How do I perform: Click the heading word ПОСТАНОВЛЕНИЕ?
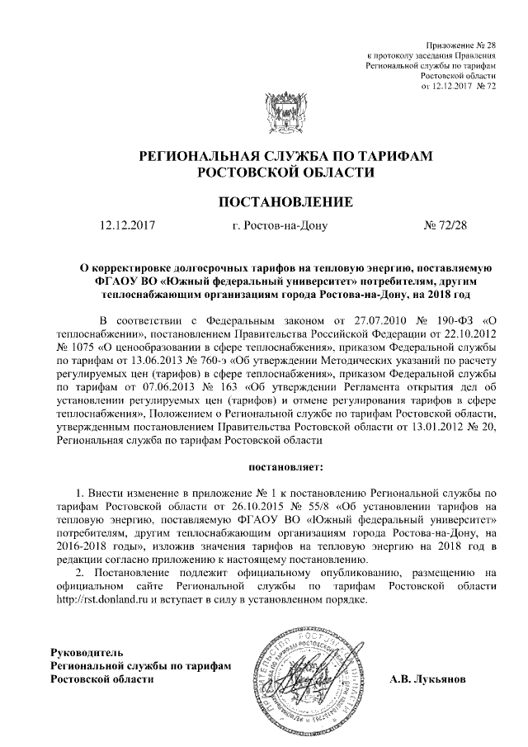285,201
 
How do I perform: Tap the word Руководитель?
87,652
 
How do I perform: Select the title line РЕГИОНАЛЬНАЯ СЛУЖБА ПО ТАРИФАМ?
285,157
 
